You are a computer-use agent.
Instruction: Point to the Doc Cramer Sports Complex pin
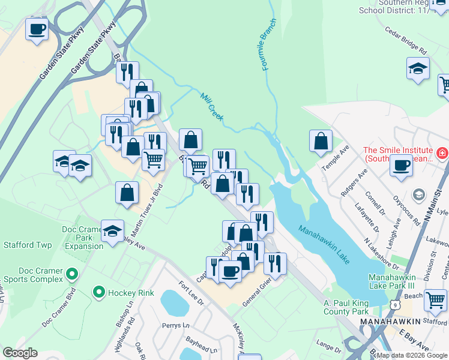[72, 275]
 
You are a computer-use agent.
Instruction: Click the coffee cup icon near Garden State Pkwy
[37, 28]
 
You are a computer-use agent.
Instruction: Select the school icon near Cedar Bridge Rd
[418, 68]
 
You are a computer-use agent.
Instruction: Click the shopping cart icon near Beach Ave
[435, 299]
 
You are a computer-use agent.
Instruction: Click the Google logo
[20, 353]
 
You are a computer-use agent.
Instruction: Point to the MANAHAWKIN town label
[390, 322]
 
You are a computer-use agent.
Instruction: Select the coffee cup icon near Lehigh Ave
[401, 166]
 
